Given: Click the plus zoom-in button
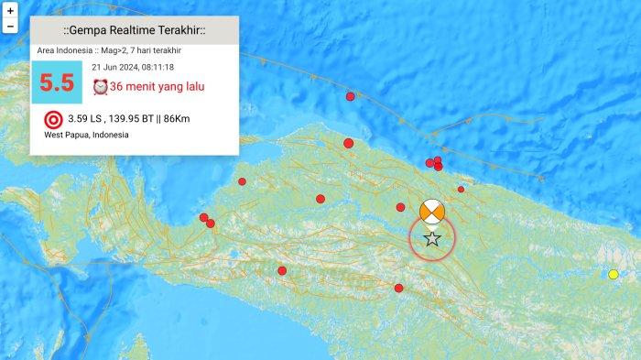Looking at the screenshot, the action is pyautogui.click(x=10, y=9).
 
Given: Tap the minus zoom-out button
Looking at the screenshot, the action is pyautogui.click(x=10, y=27).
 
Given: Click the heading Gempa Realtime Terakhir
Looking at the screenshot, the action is pyautogui.click(x=135, y=31).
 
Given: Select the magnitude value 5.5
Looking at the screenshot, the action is pyautogui.click(x=56, y=82).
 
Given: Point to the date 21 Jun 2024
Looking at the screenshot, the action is pyautogui.click(x=114, y=67).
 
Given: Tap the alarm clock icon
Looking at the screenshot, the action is pyautogui.click(x=101, y=87).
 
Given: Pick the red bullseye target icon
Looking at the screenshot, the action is pyautogui.click(x=53, y=119).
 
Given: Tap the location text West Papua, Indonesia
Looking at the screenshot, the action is pyautogui.click(x=86, y=135).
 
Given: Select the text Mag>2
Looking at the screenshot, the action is pyautogui.click(x=125, y=50).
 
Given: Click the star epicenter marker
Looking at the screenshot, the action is pyautogui.click(x=432, y=239).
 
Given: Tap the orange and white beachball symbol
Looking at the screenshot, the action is pyautogui.click(x=432, y=212).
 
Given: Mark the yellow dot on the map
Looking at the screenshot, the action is pyautogui.click(x=614, y=274).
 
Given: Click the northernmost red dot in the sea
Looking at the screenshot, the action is pyautogui.click(x=350, y=96).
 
